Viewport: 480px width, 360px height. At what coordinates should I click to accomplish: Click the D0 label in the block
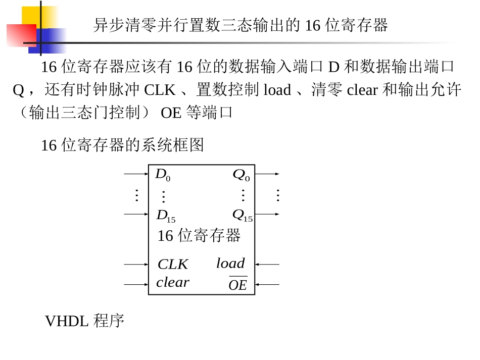(163, 175)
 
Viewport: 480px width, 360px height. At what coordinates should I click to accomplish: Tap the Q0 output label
(241, 175)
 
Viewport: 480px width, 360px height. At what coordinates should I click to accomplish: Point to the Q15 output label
(243, 215)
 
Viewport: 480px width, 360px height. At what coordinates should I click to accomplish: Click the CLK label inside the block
(173, 264)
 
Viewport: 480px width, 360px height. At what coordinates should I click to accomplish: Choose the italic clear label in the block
(173, 282)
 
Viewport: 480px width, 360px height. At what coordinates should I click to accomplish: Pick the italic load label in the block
(230, 263)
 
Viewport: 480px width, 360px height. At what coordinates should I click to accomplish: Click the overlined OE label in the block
(238, 284)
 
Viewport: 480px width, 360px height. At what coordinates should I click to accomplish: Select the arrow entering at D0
(136, 174)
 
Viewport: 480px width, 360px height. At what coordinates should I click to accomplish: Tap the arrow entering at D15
(136, 214)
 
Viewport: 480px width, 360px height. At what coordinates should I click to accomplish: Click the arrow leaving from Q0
(267, 174)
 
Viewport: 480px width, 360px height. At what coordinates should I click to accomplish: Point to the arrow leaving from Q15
(267, 214)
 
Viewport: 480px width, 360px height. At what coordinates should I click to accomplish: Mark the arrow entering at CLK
(136, 264)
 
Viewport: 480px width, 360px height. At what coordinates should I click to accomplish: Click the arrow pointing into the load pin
(267, 264)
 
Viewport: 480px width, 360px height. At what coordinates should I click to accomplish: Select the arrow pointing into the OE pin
(267, 284)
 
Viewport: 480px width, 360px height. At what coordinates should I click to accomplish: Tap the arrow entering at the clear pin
(136, 284)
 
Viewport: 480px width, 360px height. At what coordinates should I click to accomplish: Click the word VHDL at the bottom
(67, 321)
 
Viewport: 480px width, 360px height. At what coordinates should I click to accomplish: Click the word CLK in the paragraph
(160, 90)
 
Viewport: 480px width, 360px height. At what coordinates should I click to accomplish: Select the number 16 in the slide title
(313, 25)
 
